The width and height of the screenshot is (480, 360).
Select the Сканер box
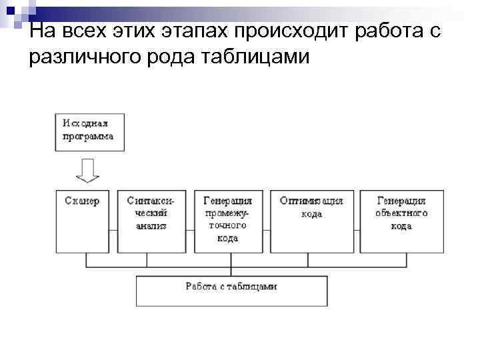tap(83, 221)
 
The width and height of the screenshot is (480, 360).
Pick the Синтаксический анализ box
tap(152, 221)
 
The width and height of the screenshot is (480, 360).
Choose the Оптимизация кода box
tap(311, 221)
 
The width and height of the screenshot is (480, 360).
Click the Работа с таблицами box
tap(231, 291)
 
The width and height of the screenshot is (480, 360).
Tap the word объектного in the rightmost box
tap(401, 213)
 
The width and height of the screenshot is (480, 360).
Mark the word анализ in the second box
tap(151, 225)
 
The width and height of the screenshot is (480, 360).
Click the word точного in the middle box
tap(227, 225)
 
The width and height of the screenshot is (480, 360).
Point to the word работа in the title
tap(387, 31)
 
